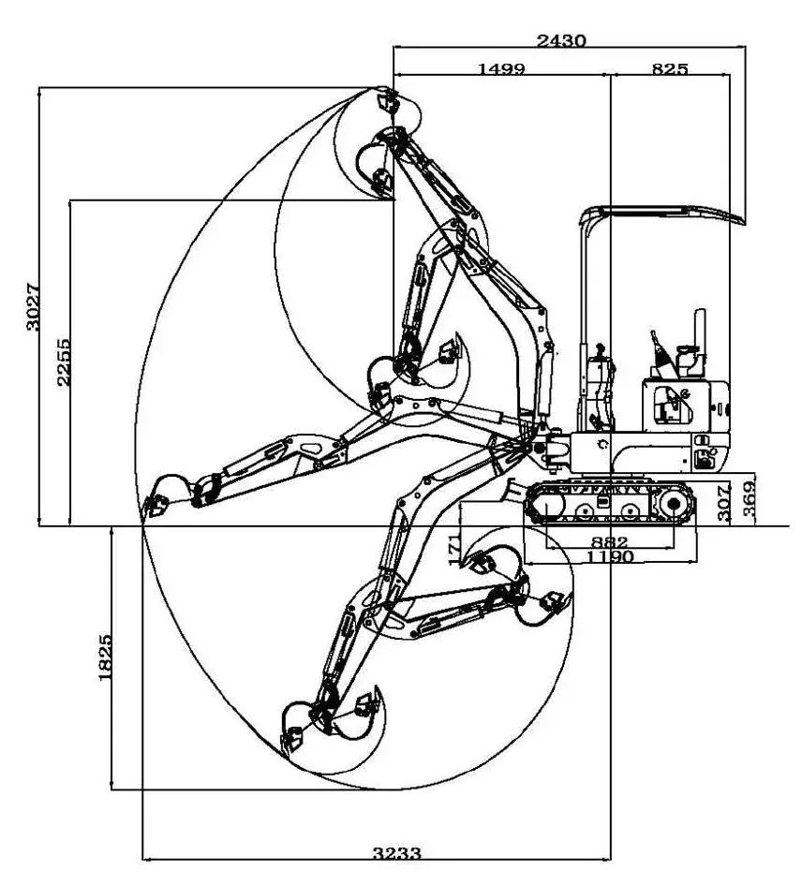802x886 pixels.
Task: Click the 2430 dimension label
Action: (x=561, y=40)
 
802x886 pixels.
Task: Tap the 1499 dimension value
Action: (x=501, y=68)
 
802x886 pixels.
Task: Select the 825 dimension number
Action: (x=670, y=68)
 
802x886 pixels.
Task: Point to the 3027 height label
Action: (x=32, y=305)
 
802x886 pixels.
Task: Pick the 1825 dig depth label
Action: (x=105, y=657)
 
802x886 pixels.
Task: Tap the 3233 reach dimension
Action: (x=397, y=853)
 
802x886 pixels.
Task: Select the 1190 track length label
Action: (x=610, y=556)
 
